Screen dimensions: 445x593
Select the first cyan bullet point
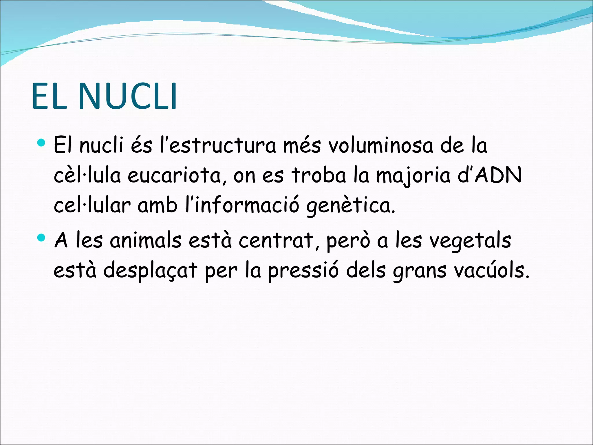(42, 142)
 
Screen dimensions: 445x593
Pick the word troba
(319, 175)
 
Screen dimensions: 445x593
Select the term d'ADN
(490, 175)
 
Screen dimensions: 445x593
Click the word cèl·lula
(87, 175)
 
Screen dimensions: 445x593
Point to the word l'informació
(242, 205)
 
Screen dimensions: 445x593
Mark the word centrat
(277, 241)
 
